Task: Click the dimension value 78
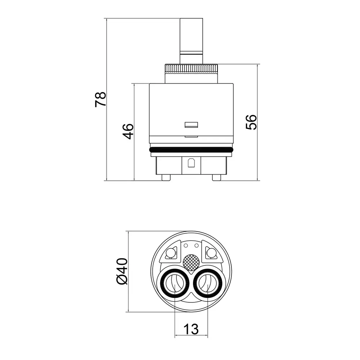(100, 99)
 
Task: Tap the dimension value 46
(128, 131)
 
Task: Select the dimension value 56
(251, 122)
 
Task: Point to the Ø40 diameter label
(122, 271)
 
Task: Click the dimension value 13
(191, 329)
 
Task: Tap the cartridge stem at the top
(191, 41)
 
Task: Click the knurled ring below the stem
(191, 69)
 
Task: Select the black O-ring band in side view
(191, 150)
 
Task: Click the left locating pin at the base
(166, 177)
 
